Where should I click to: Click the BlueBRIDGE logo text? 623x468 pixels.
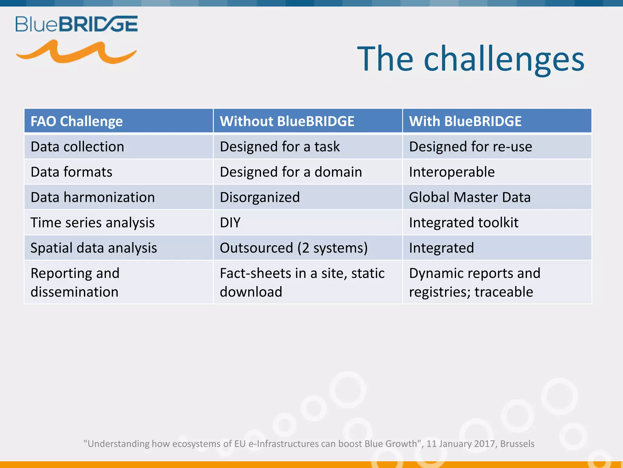click(76, 24)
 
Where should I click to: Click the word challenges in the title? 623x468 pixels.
click(504, 59)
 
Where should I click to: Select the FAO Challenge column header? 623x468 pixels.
click(77, 121)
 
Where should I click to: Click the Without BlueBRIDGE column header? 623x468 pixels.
click(287, 121)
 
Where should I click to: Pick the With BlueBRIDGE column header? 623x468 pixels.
click(465, 121)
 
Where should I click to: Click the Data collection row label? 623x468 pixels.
click(77, 147)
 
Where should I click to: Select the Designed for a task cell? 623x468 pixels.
click(280, 147)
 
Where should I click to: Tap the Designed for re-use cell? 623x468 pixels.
click(470, 147)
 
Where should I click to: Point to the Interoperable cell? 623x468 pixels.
click(452, 172)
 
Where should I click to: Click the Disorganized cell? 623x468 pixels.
click(260, 197)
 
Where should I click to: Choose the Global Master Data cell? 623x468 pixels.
click(470, 197)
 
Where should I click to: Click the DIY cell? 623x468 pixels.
click(230, 223)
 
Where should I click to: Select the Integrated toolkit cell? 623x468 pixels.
click(464, 223)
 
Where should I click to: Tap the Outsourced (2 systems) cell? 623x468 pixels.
click(294, 248)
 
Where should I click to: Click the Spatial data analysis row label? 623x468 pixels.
click(94, 248)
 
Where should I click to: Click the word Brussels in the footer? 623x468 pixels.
click(517, 444)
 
